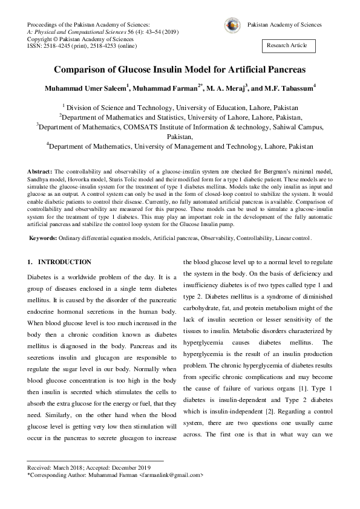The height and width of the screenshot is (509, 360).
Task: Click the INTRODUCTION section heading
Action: [x=64, y=262]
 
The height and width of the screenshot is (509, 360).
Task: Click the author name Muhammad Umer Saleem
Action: [x=84, y=88]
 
